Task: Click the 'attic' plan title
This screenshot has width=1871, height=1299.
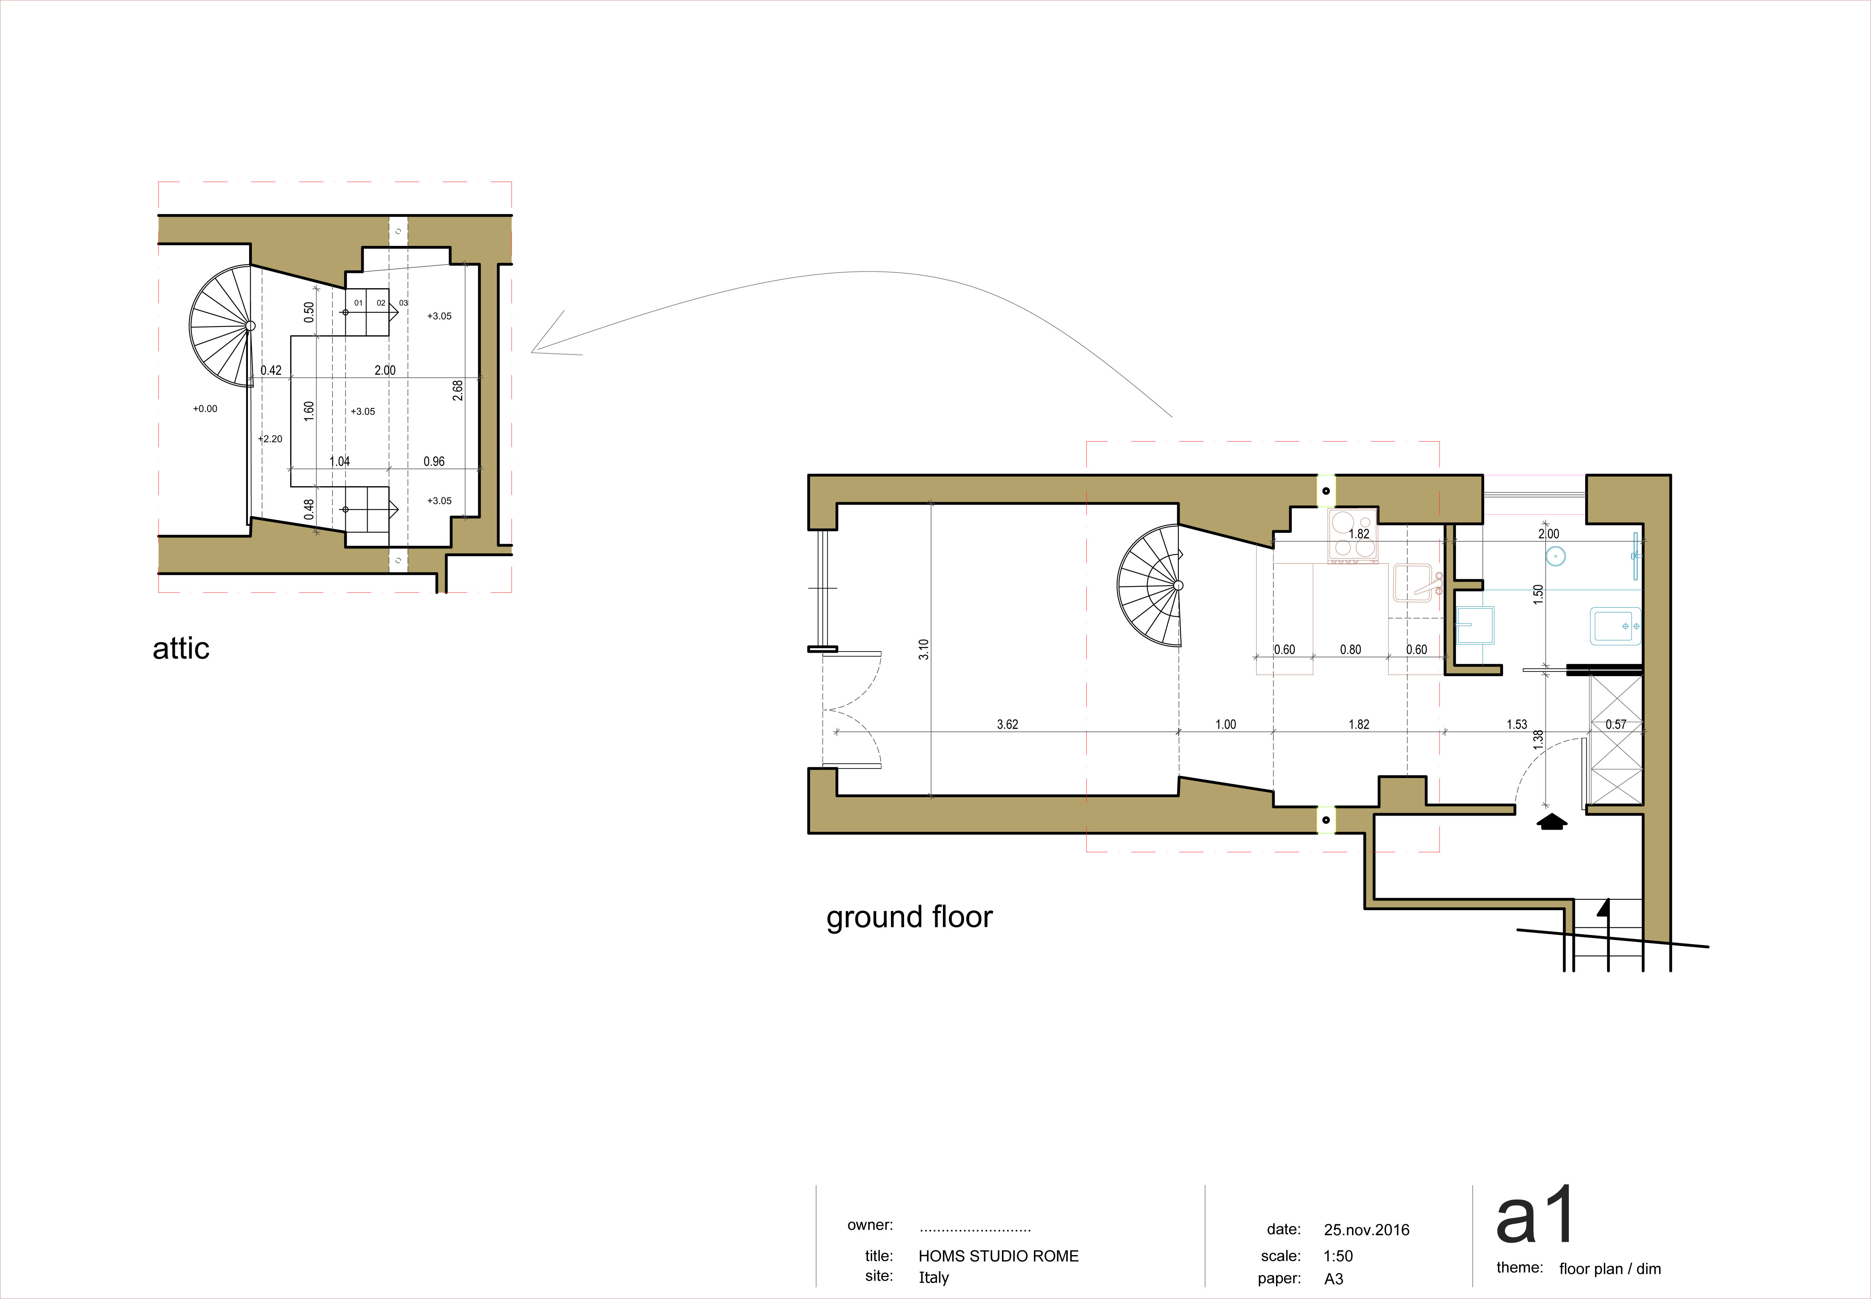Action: click(x=181, y=649)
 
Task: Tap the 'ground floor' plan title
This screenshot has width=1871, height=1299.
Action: click(x=909, y=917)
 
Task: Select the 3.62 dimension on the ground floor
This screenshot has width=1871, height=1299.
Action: click(x=1008, y=725)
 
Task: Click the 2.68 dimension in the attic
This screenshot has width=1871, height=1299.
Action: click(x=458, y=391)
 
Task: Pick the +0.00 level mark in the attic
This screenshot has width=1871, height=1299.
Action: click(x=205, y=409)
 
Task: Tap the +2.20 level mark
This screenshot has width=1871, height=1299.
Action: click(x=270, y=439)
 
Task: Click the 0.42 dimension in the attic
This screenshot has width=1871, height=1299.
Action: click(x=271, y=370)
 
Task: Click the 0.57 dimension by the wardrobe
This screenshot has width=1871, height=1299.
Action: click(x=1616, y=725)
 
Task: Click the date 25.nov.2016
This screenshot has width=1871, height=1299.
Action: click(x=1366, y=1230)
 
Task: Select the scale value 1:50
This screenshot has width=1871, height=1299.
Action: click(x=1338, y=1256)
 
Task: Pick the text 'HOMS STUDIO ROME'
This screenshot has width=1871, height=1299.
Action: click(x=999, y=1256)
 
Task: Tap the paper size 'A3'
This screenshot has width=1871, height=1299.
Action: click(x=1334, y=1279)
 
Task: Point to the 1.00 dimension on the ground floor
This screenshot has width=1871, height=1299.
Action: click(x=1226, y=725)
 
